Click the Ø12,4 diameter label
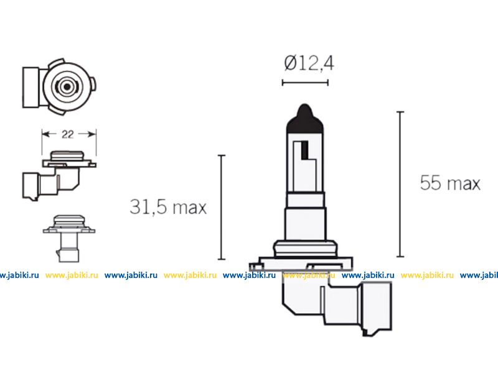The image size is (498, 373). click(x=309, y=63)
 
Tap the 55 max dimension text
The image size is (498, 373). click(x=450, y=183)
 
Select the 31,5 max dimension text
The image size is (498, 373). click(x=168, y=207)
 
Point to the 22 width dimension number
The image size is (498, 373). click(x=68, y=134)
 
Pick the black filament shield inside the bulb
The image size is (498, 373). click(x=304, y=150)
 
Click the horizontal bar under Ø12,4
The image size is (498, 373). click(x=305, y=83)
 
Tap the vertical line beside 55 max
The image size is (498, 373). click(x=400, y=184)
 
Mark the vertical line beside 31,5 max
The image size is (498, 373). click(x=222, y=208)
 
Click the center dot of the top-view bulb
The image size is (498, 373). click(x=67, y=86)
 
